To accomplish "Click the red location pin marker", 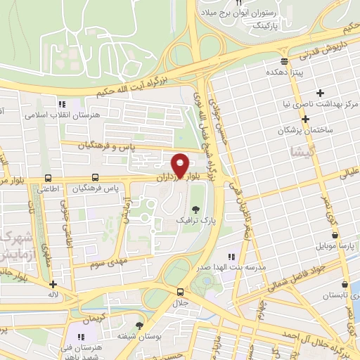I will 180,165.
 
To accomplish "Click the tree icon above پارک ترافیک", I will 196,210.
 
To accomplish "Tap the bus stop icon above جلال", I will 181,292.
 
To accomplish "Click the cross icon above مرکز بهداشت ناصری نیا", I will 321,93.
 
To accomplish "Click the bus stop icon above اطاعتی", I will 48,178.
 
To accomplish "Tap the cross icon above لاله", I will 53,285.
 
